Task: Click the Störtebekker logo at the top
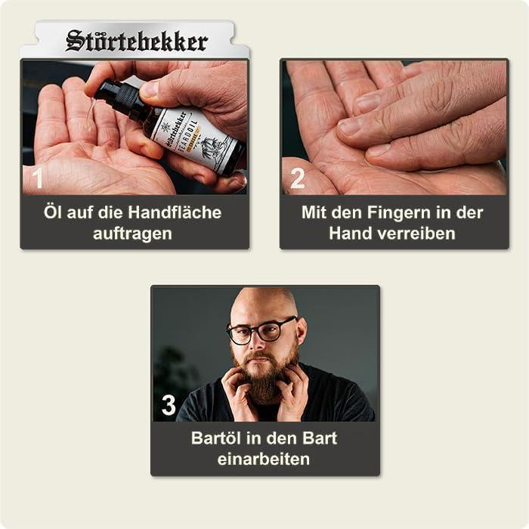[x=136, y=40]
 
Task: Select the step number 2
[x=298, y=178]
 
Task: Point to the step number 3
[x=169, y=406]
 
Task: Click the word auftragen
[x=132, y=234]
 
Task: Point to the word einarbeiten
[x=264, y=459]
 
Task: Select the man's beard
[x=264, y=382]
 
